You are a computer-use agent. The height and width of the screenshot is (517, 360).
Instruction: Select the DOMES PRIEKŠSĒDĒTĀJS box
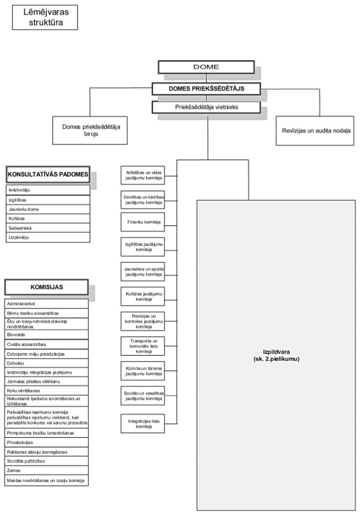pyautogui.click(x=206, y=88)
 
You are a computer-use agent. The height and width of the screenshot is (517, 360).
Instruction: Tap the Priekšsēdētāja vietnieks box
pyautogui.click(x=206, y=107)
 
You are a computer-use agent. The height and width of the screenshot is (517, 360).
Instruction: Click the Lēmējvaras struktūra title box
pyautogui.click(x=44, y=18)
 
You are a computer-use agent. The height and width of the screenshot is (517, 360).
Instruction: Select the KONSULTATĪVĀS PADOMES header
pyautogui.click(x=48, y=175)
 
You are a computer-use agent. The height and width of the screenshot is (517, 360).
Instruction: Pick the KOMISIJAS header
pyautogui.click(x=47, y=287)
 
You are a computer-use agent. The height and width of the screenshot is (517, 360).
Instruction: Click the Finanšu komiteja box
pyautogui.click(x=142, y=222)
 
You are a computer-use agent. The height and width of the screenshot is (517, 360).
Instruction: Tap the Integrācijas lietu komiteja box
pyautogui.click(x=142, y=424)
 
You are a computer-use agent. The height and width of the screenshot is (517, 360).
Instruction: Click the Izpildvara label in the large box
pyautogui.click(x=276, y=356)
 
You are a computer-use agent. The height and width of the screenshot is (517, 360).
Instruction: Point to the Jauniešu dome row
pyautogui.click(x=48, y=209)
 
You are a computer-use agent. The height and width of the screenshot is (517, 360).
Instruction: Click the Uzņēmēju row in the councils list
pyautogui.click(x=48, y=238)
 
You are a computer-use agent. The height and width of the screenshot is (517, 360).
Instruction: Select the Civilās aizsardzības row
pyautogui.click(x=47, y=344)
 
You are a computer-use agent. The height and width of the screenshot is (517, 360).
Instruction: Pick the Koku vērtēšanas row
pyautogui.click(x=47, y=390)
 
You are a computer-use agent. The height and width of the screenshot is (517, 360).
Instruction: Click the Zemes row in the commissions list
pyautogui.click(x=47, y=471)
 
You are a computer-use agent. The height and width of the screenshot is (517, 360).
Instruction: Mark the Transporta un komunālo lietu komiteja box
pyautogui.click(x=142, y=346)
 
